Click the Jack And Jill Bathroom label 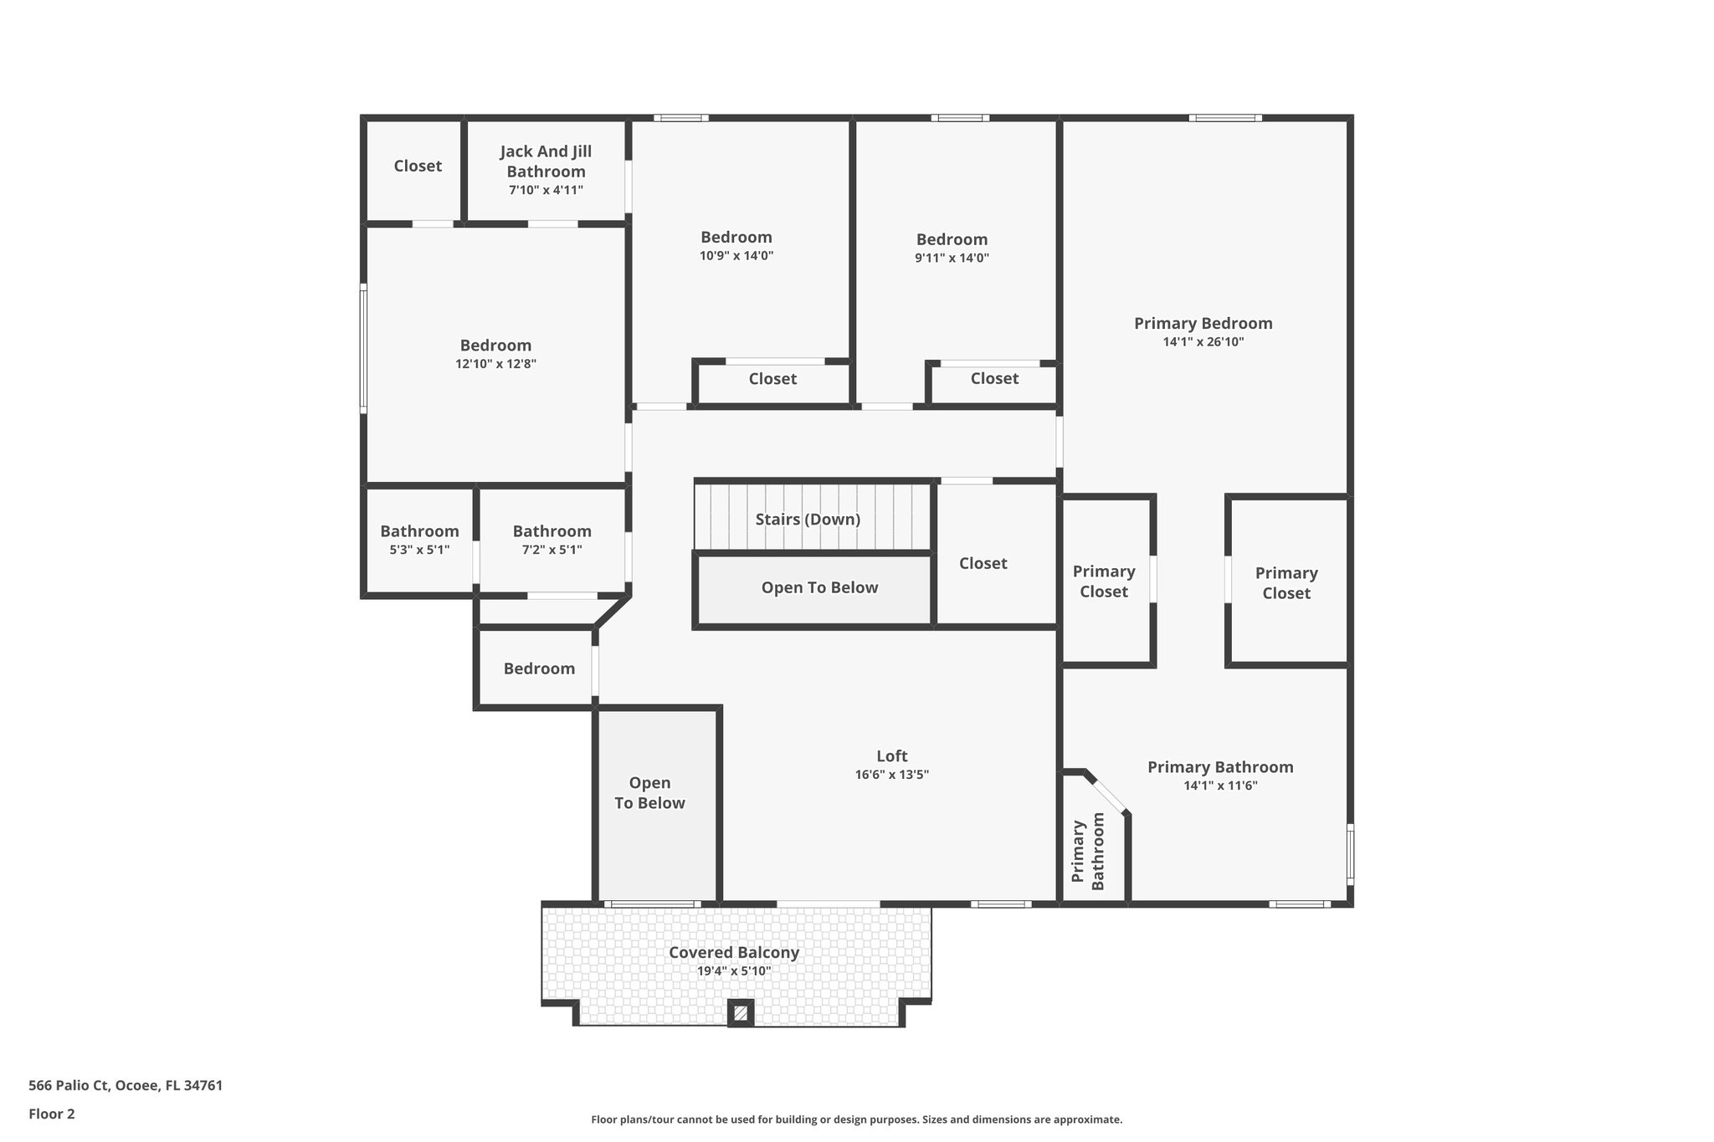pos(546,161)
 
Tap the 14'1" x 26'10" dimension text pos(1203,342)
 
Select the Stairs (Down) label pos(808,520)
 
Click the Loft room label pos(891,756)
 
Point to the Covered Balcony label pos(734,953)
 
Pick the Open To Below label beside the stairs pos(819,588)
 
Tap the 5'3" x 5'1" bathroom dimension pos(419,551)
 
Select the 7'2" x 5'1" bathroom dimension pos(552,551)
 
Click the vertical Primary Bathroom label pos(1088,852)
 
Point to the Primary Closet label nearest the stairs pos(1104,581)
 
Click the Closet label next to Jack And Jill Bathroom pos(418,166)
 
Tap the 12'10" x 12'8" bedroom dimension pos(495,365)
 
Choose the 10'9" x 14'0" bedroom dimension pos(736,257)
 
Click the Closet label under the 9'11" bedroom pos(994,379)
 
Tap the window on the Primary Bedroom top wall pos(1225,118)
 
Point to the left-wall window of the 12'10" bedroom pos(363,347)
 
